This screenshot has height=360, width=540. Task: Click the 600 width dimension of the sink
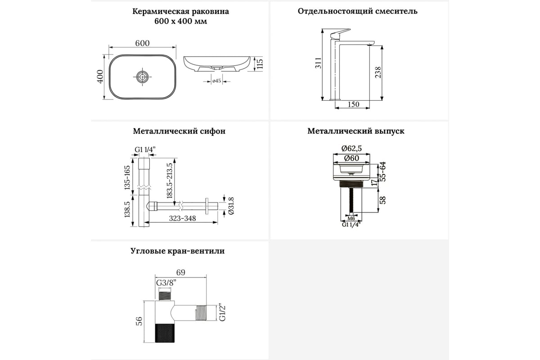pyautogui.click(x=142, y=43)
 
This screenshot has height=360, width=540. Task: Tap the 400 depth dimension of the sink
pyautogui.click(x=100, y=76)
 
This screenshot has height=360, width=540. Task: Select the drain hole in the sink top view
pyautogui.click(x=142, y=77)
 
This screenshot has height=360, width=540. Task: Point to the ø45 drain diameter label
pyautogui.click(x=216, y=81)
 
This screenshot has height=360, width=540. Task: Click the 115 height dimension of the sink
pyautogui.click(x=259, y=64)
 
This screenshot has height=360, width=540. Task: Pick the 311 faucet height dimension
pyautogui.click(x=318, y=63)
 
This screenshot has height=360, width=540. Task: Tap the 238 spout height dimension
pyautogui.click(x=378, y=72)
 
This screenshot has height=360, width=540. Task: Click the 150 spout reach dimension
pyautogui.click(x=353, y=104)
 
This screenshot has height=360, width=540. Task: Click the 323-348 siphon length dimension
pyautogui.click(x=183, y=218)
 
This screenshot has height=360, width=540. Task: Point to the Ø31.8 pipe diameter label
pyautogui.click(x=231, y=206)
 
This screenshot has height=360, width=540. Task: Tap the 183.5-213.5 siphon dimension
pyautogui.click(x=170, y=181)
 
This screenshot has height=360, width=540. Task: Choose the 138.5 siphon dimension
pyautogui.click(x=127, y=209)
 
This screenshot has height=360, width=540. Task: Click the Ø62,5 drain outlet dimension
pyautogui.click(x=351, y=148)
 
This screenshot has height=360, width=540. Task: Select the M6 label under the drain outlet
pyautogui.click(x=351, y=218)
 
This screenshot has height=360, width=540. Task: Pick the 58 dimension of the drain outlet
pyautogui.click(x=382, y=200)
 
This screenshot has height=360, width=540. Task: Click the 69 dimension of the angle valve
pyautogui.click(x=180, y=272)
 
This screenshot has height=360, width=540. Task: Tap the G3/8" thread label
pyautogui.click(x=166, y=283)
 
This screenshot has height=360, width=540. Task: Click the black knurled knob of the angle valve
pyautogui.click(x=165, y=333)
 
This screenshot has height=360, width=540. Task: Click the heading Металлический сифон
pyautogui.click(x=179, y=131)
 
